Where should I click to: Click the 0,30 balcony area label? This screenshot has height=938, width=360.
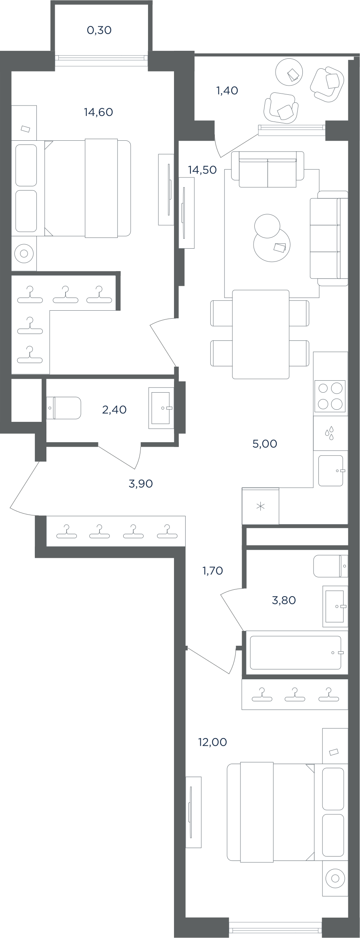99,30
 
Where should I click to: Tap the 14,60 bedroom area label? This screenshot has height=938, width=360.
98,112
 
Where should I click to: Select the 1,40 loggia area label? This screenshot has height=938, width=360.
227,91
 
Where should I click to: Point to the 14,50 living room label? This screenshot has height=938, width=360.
202,170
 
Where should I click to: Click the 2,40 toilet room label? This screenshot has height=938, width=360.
114,409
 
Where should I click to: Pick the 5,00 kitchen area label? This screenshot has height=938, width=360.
265,444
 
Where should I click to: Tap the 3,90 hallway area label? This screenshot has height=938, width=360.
141,484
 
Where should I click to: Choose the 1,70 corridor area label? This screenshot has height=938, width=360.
213,571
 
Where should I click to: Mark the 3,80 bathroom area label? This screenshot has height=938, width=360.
284,600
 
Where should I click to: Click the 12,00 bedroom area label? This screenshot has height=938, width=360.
212,742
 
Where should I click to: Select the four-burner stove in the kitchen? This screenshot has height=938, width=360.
330,396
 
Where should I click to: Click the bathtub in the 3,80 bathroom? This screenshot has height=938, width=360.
296,652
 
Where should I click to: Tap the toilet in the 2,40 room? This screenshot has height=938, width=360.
64,408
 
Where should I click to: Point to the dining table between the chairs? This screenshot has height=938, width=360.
261,334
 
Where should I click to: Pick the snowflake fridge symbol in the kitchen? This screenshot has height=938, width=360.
260,507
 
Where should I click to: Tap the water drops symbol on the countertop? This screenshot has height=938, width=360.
330,433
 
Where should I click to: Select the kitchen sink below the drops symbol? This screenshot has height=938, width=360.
331,471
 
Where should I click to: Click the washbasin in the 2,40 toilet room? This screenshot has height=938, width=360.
161,408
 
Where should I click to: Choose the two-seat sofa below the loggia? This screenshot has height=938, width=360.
268,170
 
